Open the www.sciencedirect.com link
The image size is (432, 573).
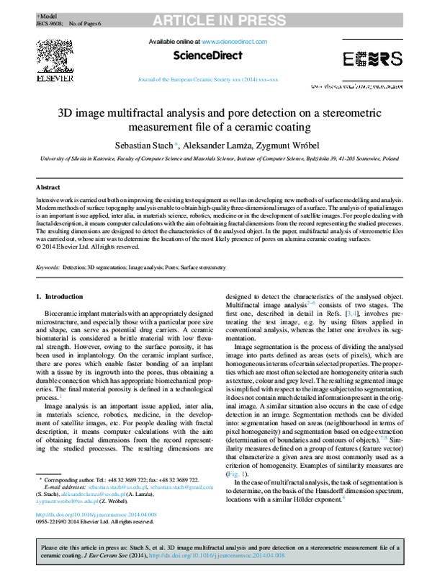click(x=230, y=43)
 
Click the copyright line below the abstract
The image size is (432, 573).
click(x=87, y=246)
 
